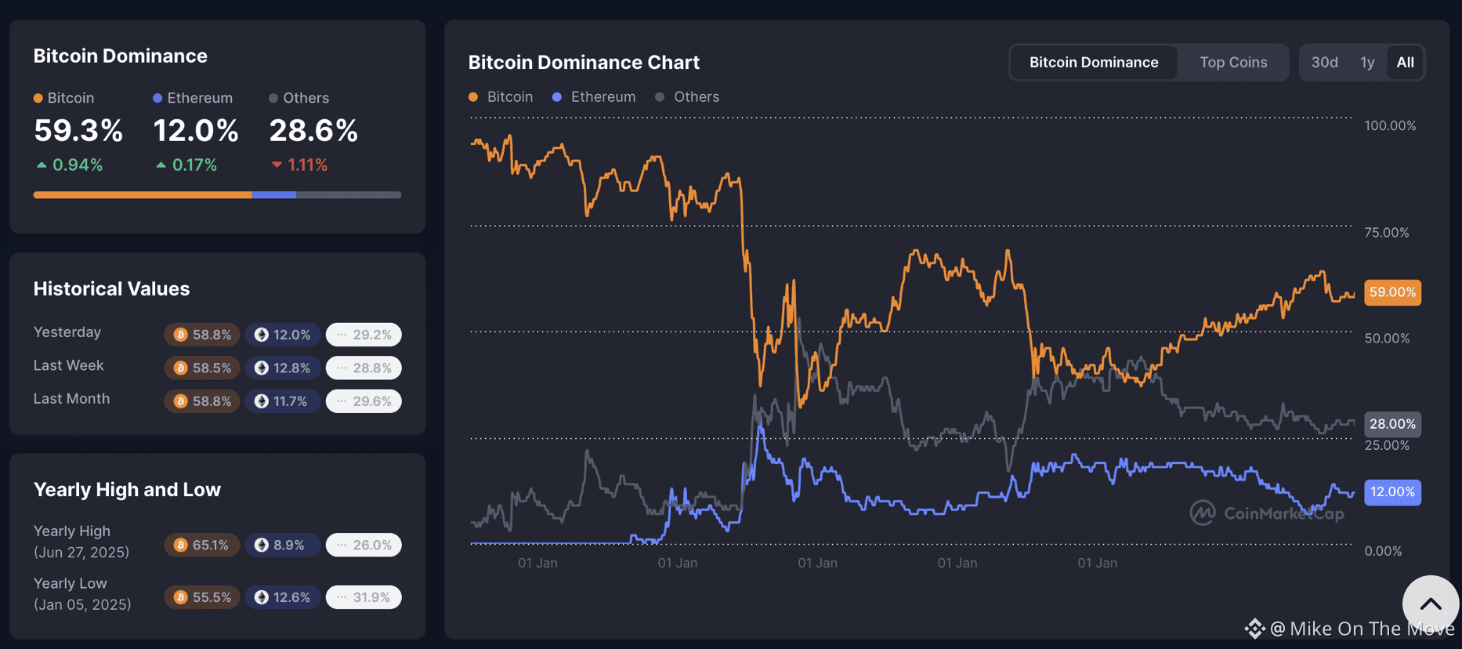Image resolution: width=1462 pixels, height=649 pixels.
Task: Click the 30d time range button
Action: (1324, 63)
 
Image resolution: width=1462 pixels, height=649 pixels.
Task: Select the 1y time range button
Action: (1367, 63)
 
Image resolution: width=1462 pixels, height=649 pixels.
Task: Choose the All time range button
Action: (1405, 63)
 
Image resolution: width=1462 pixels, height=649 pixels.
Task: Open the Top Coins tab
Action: (1232, 63)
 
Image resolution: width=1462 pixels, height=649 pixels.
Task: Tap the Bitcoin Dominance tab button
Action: (1093, 63)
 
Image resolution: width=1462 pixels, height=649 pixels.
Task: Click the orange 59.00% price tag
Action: (1392, 292)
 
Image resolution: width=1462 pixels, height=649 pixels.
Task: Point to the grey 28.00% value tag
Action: (1392, 424)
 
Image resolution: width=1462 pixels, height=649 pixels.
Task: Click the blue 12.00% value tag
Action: (1392, 492)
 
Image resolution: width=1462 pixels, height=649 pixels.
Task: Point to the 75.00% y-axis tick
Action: (1386, 233)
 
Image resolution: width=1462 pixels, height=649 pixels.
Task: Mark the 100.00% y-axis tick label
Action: (1390, 125)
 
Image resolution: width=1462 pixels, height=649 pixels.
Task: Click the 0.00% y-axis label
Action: (1383, 551)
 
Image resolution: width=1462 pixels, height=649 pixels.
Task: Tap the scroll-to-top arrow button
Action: (1430, 604)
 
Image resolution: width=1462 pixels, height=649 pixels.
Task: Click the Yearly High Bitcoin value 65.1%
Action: (202, 545)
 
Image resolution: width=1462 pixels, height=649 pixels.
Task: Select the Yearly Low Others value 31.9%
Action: (364, 597)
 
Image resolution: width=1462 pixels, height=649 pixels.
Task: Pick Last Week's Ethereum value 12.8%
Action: (283, 368)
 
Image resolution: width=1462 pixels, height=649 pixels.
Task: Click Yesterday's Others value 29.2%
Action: (364, 335)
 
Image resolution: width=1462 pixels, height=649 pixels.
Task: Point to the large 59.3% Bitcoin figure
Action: (78, 131)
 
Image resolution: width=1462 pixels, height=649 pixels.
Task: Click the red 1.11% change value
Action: (306, 165)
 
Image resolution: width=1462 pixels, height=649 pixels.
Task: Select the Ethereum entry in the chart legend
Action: (594, 97)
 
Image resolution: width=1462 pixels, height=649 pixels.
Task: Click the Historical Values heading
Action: (111, 288)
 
